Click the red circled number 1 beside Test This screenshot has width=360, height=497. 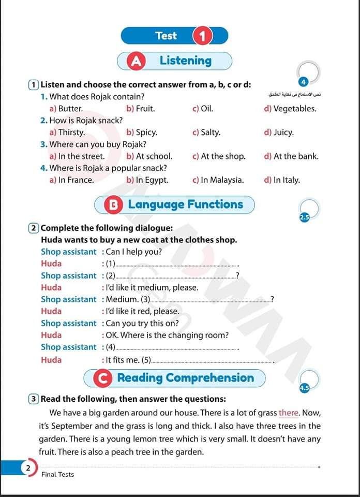click(x=202, y=36)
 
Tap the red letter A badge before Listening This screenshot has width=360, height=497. click(x=137, y=61)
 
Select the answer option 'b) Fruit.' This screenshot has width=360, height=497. click(x=141, y=109)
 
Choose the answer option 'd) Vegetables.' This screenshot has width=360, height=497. click(x=290, y=109)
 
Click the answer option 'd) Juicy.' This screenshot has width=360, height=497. click(x=279, y=133)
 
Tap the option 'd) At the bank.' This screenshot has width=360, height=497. click(x=291, y=156)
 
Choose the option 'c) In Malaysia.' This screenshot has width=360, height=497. click(x=218, y=180)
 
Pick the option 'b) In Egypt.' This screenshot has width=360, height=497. click(x=147, y=180)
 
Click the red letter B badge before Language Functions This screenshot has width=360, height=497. click(x=114, y=205)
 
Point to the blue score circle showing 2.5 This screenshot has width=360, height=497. click(x=304, y=218)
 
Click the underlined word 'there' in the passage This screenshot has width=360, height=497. click(x=289, y=413)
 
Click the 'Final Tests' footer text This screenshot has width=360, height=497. click(x=57, y=475)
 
